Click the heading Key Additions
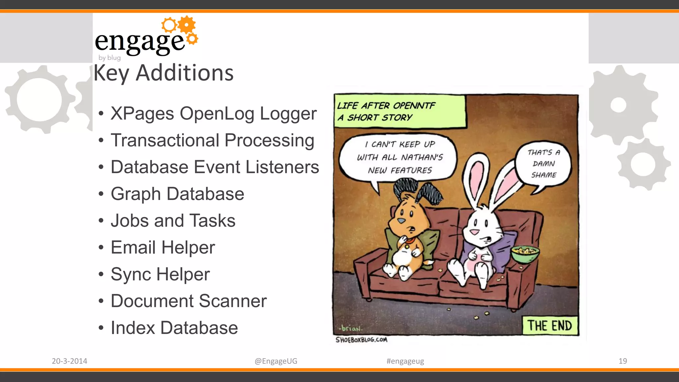tap(163, 73)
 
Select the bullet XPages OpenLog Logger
tap(214, 113)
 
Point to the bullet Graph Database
tap(177, 194)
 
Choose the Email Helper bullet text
tap(163, 247)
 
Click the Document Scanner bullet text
tap(189, 301)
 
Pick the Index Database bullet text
tap(174, 328)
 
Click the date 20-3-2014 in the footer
tap(69, 361)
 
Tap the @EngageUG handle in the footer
tap(276, 361)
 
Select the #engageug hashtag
tap(405, 361)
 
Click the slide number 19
tap(623, 361)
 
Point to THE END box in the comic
tap(550, 326)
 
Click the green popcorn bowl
tap(525, 254)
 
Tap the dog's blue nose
tap(401, 221)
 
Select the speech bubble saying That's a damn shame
tap(544, 164)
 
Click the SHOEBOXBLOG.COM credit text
tap(361, 340)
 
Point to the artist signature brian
tap(351, 329)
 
